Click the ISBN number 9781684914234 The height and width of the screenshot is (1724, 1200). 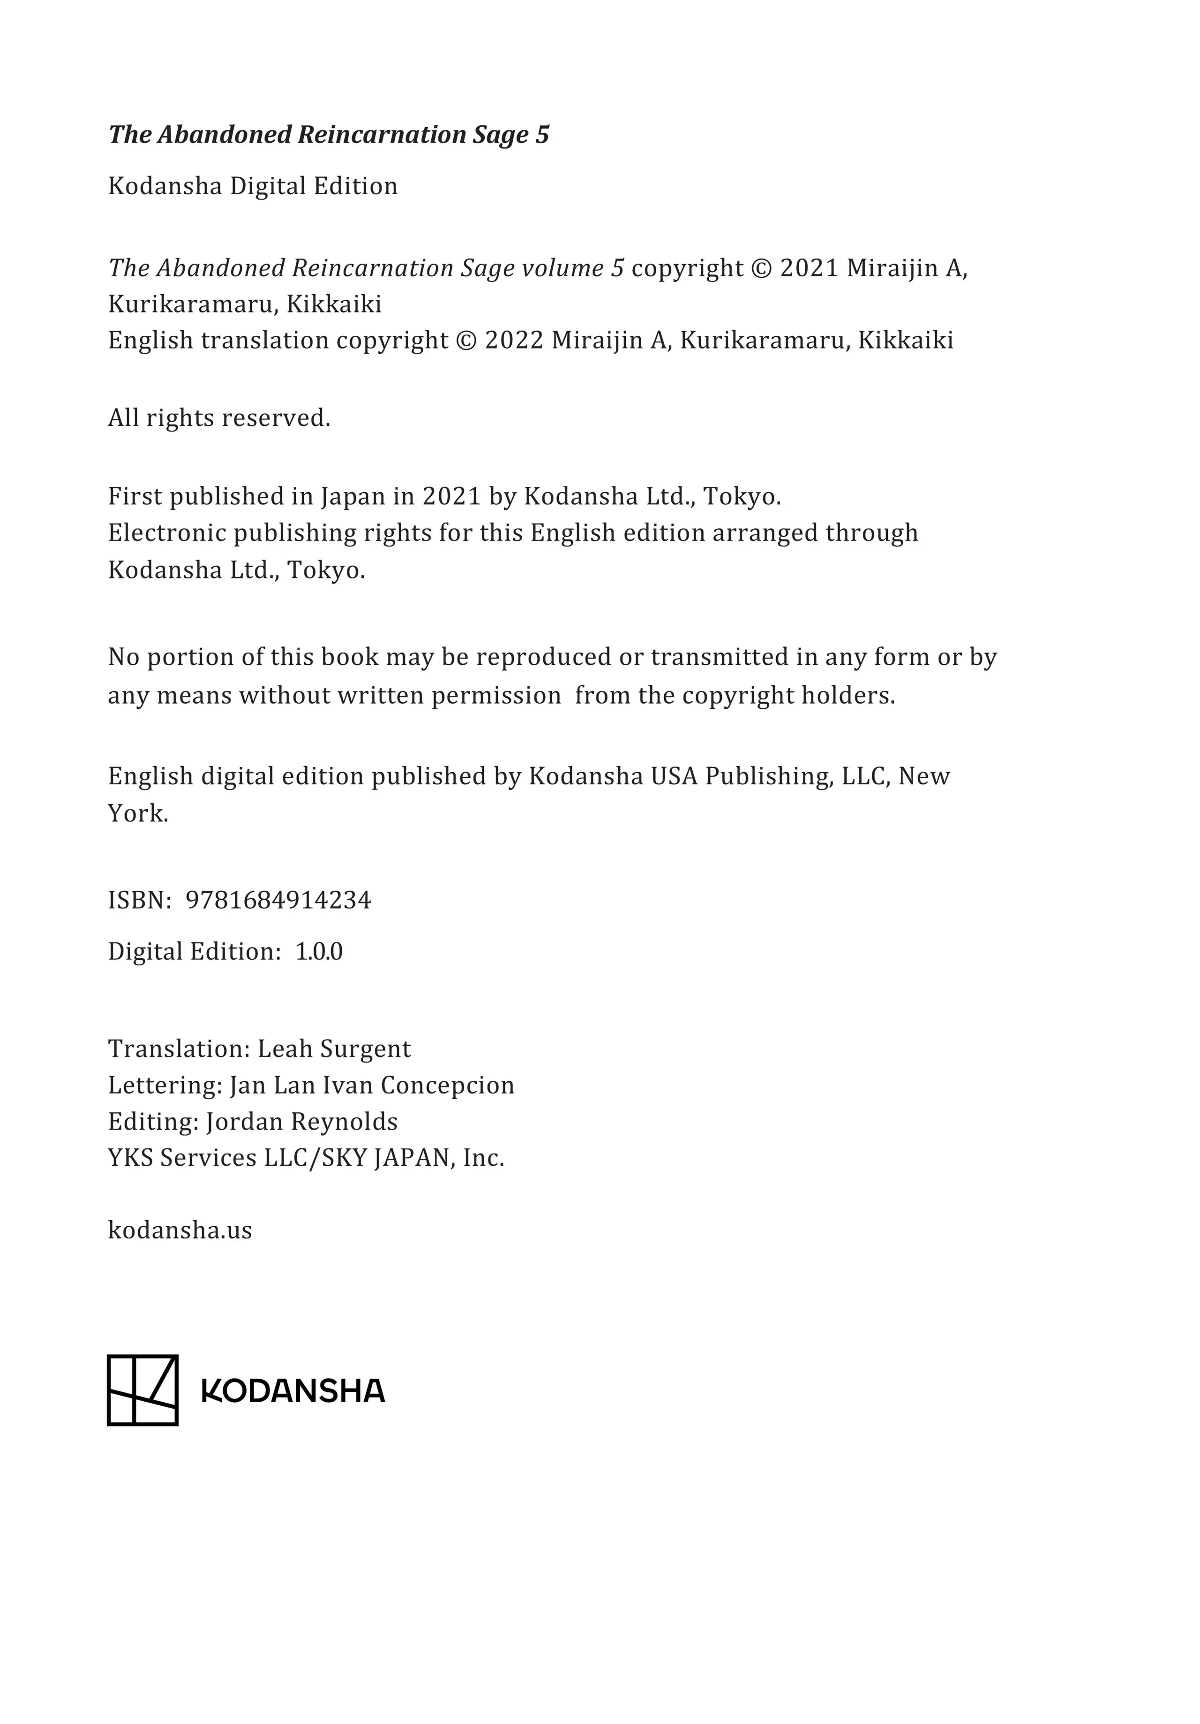click(277, 900)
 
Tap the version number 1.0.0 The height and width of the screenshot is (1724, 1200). click(319, 951)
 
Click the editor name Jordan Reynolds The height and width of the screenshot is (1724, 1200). click(302, 1121)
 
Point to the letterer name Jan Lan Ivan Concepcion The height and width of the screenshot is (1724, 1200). click(372, 1085)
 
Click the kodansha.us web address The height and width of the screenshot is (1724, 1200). click(180, 1230)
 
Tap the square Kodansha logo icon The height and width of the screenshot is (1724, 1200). click(142, 1390)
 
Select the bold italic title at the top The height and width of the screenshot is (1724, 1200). click(329, 135)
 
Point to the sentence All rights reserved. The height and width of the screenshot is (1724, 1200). click(219, 418)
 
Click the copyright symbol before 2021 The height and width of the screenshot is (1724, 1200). click(761, 268)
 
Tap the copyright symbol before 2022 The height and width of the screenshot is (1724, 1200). click(466, 340)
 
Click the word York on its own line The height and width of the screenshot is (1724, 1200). click(138, 813)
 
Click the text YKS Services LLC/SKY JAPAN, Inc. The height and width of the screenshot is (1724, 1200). click(306, 1158)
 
